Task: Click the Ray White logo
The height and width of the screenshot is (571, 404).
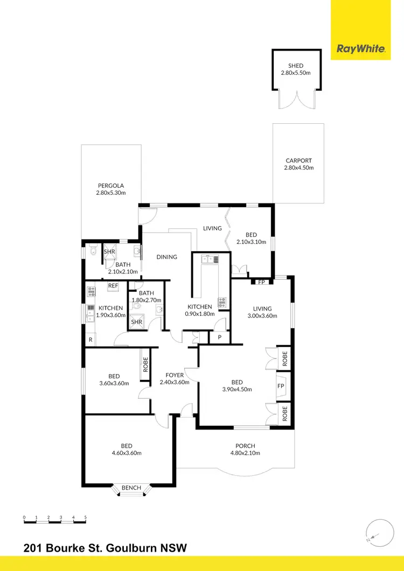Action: coord(361,49)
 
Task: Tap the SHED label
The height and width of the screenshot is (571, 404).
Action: coord(296,66)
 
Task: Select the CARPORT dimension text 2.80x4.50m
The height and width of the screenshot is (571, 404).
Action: coord(298,168)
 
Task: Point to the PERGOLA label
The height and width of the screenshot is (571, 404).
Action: coord(110,186)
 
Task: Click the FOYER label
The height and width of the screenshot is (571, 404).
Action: coord(175,375)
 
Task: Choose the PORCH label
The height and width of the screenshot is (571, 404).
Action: coord(245,446)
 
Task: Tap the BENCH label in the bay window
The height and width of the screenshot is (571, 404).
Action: coord(131,488)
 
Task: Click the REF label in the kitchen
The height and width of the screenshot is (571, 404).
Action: coord(113,286)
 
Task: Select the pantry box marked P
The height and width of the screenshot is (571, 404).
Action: coord(220,337)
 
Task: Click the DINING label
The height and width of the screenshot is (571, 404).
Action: coord(167,257)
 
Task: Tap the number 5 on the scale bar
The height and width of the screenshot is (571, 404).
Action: coord(86,517)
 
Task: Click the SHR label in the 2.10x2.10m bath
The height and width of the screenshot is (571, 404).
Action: coord(109,251)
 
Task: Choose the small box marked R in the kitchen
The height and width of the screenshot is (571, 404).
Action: coord(90,340)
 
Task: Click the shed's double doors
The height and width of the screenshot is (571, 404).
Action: coord(296,101)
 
